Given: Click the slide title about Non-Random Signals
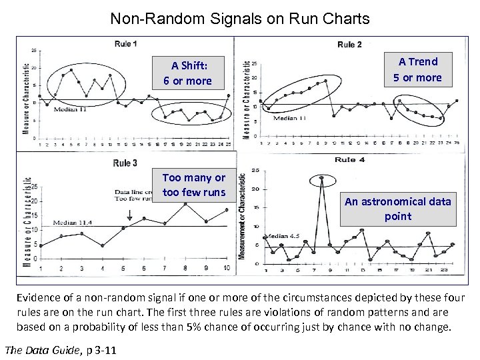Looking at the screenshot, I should tap(240, 19).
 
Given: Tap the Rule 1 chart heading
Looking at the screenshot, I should tap(125, 44).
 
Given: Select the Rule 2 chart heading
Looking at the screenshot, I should tap(349, 45).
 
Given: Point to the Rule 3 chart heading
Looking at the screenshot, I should tap(125, 163).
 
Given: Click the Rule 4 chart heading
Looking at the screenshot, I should tap(349, 160).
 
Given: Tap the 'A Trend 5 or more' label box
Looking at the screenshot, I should tap(417, 69).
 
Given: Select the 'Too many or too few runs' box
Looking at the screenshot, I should tap(194, 185).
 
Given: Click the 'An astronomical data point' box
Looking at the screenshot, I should tap(397, 208).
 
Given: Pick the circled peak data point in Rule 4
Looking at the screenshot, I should tap(321, 179).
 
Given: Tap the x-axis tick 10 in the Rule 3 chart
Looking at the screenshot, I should tap(227, 268).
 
